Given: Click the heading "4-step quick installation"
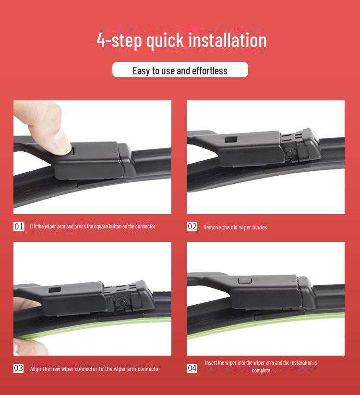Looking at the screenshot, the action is coord(181,41).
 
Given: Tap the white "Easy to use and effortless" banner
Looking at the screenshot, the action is coord(180,70).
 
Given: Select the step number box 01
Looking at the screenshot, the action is coord(19,227).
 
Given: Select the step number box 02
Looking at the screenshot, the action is coord(192,227).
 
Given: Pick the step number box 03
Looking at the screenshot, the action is coord(19,368).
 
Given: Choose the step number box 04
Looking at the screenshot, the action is coord(192,368).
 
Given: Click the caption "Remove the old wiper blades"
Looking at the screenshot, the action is coord(235,227).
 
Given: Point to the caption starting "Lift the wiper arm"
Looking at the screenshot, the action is coord(93,227).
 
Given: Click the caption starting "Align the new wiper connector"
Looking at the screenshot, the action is coord(95,369).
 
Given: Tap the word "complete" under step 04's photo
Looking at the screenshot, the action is coord(261,371).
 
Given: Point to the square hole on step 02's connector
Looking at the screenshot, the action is coord(231,139).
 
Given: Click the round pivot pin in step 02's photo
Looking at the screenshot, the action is coord(288,153).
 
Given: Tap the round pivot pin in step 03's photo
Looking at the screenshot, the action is coord(123,301).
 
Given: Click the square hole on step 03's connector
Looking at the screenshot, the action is coord(55,289).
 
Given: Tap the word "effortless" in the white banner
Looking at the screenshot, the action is coord(210,71).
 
